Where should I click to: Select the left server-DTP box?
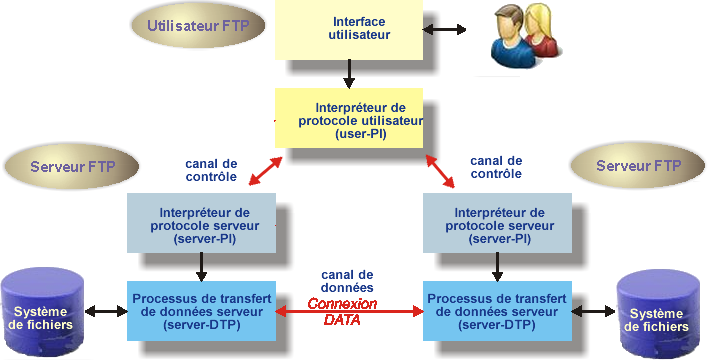pyautogui.click(x=203, y=311)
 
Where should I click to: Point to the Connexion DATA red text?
pyautogui.click(x=342, y=311)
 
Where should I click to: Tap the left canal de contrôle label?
pyautogui.click(x=211, y=169)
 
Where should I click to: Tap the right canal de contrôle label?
pyautogui.click(x=495, y=167)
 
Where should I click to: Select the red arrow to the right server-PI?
pyautogui.click(x=440, y=170)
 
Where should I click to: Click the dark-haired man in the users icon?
pyautogui.click(x=507, y=35)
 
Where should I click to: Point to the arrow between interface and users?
pyautogui.click(x=445, y=30)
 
